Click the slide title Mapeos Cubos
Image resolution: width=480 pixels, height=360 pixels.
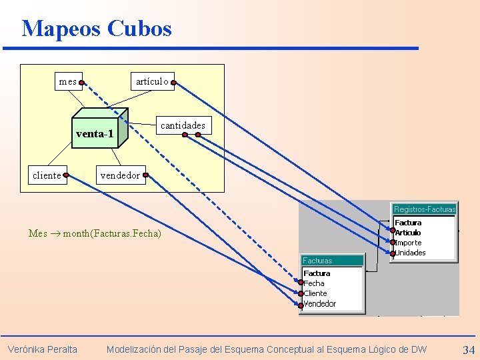point(97,28)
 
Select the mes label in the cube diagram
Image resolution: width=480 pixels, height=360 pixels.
point(67,82)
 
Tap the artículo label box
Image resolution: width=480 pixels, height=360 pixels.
point(151,81)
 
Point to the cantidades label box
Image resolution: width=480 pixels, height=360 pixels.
point(183,125)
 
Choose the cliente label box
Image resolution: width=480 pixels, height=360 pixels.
point(47,175)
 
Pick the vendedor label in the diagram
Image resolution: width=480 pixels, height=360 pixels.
point(119,176)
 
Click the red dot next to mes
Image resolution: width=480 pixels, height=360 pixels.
point(81,83)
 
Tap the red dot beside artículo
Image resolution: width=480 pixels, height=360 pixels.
point(172,83)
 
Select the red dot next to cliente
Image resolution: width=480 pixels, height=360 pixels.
point(66,176)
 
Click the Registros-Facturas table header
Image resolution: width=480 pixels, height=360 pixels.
point(425,209)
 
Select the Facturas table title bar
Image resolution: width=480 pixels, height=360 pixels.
point(332,260)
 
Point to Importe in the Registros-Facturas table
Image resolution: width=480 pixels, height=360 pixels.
point(409,243)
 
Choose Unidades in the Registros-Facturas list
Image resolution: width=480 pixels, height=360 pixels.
point(411,253)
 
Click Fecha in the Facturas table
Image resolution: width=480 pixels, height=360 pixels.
point(314,283)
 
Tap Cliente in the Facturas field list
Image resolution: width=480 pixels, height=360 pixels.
point(316,293)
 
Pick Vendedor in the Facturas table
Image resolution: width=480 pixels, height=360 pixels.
point(320,304)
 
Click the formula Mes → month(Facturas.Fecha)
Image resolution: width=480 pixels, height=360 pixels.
point(95,233)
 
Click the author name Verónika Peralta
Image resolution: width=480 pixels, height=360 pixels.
point(42,349)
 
